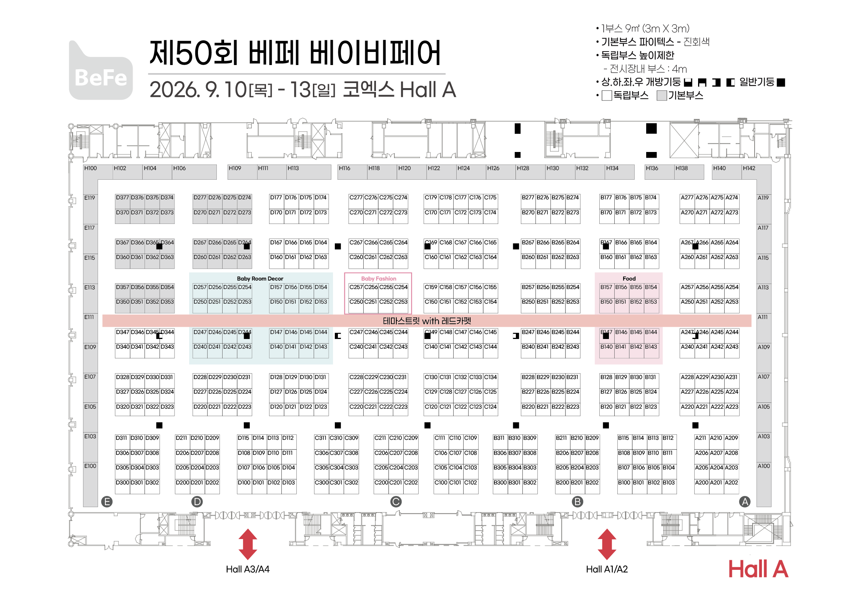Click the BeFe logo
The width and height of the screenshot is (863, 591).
pos(101,70)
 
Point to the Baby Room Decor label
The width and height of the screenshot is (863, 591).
pos(260,279)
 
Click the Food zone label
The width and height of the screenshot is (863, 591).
pos(629,279)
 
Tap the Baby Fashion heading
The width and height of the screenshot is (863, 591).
pos(378,279)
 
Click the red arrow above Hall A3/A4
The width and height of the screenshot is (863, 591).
pos(248,544)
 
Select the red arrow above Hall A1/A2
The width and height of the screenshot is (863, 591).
pos(607,544)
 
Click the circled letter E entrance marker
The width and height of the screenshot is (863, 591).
pos(107,502)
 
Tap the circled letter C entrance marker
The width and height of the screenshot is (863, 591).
pos(396,502)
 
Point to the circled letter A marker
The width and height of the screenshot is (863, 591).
pos(745,502)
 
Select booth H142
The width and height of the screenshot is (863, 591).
pos(756,172)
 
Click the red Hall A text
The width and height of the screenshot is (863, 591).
pos(758,569)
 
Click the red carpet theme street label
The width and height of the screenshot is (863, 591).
pos(427,321)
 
